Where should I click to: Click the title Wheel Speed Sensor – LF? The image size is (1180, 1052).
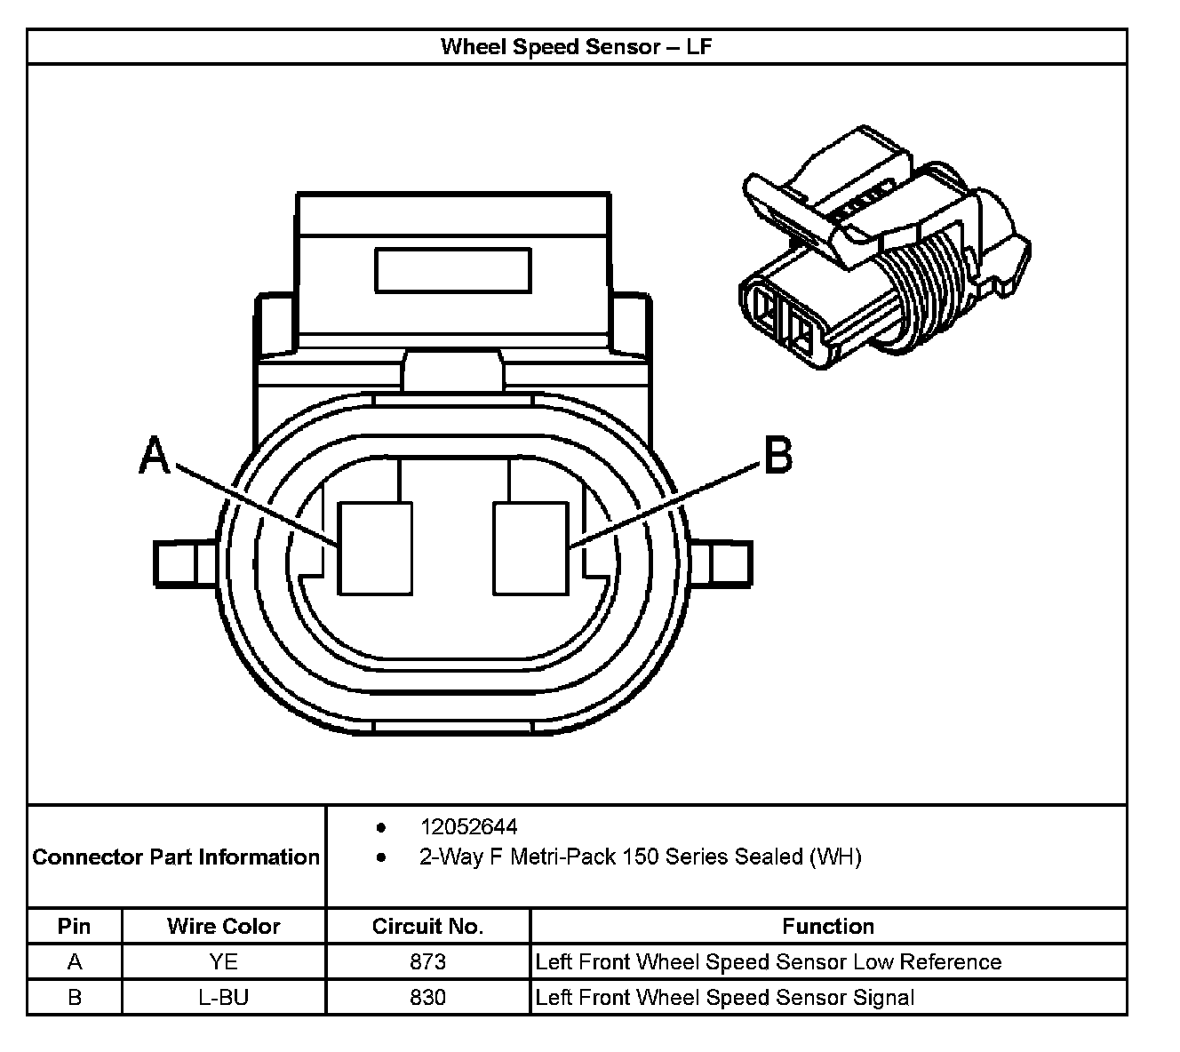(576, 46)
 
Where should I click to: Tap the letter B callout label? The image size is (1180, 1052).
(777, 457)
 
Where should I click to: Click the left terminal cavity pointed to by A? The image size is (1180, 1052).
(376, 548)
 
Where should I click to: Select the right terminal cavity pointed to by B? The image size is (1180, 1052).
(530, 548)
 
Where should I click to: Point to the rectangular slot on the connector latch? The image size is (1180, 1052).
(452, 270)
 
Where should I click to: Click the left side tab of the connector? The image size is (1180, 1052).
(184, 564)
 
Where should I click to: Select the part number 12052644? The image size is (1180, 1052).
(468, 827)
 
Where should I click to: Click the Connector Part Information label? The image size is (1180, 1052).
(176, 857)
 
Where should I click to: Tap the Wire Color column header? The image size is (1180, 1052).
(223, 927)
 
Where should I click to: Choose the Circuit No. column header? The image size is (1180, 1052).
(427, 927)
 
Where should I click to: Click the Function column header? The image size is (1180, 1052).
(828, 927)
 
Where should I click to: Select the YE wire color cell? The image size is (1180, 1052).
(223, 961)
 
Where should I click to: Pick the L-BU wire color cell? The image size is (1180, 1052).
(223, 997)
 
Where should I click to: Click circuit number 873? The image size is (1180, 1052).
(427, 961)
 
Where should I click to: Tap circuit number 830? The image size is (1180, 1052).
(427, 997)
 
